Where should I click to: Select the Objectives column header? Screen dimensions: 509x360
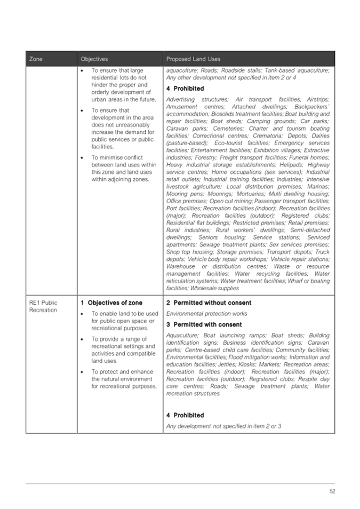94,59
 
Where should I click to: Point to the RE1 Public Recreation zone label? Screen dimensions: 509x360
43,306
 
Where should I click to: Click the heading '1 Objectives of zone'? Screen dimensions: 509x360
111,303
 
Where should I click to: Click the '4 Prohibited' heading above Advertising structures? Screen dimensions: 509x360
185,89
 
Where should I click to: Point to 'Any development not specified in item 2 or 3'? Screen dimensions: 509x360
223,426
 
